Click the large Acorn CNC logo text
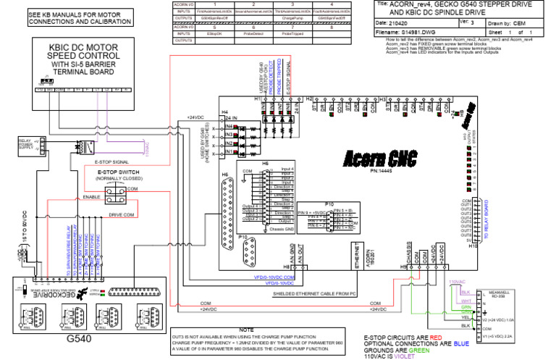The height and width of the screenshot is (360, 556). pyautogui.click(x=376, y=157)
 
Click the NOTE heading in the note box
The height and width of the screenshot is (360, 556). pyautogui.click(x=246, y=330)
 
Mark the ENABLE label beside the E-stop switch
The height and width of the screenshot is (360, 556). pyautogui.click(x=91, y=196)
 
